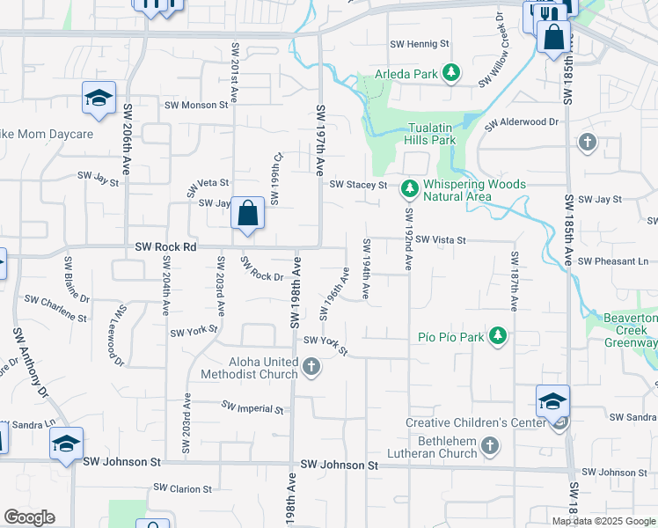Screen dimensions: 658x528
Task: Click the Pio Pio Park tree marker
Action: coord(498,336)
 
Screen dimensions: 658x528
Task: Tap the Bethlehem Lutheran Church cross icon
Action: coord(490,448)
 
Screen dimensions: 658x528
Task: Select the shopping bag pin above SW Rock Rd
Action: coord(248,214)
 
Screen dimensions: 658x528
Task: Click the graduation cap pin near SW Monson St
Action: coord(99,99)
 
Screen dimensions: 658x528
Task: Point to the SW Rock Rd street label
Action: coord(165,247)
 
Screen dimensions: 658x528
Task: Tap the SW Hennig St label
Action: coord(420,43)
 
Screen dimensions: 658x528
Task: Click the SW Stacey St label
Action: coord(358,185)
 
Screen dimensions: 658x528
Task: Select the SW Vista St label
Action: coord(440,239)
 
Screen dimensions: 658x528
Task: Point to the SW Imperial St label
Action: coord(252,408)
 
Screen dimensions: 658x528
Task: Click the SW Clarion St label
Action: coord(182,488)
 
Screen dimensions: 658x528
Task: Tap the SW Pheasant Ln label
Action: coord(612,261)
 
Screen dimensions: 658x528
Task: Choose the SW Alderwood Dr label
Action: coord(522,122)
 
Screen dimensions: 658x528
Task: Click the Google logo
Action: coord(29,517)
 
